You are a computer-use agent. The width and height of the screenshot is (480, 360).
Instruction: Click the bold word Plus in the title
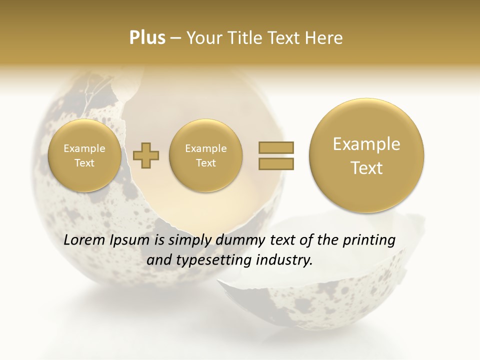147,38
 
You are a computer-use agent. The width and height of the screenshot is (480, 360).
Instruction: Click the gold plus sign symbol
146,155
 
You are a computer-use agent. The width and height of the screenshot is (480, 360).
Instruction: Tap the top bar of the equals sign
276,147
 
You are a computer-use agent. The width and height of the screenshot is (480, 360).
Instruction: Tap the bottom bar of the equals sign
276,163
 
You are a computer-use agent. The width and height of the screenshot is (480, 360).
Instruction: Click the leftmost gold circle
84,155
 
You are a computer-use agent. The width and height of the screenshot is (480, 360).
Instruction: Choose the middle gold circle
205,155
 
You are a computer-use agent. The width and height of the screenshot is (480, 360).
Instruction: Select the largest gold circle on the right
366,155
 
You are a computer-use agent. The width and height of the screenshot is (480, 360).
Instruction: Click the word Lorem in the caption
84,240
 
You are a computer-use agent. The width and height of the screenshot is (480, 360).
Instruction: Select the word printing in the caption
369,240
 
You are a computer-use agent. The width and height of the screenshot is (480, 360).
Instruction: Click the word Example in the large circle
366,144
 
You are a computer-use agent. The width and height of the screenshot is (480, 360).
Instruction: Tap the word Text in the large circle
366,168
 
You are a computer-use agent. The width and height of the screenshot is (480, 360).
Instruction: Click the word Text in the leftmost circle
84,163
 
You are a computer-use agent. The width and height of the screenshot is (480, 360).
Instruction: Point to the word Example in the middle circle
205,148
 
